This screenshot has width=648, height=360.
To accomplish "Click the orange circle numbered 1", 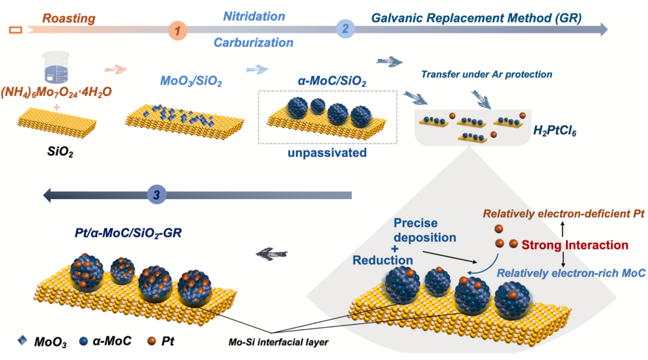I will (x=178, y=30).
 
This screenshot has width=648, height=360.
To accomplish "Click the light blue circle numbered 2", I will (x=345, y=29).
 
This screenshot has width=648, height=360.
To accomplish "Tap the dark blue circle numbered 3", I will (x=156, y=194).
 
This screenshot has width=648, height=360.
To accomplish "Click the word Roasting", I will (x=69, y=18).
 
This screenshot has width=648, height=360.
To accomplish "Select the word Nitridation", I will (x=254, y=16).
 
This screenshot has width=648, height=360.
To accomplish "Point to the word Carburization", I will (x=253, y=42).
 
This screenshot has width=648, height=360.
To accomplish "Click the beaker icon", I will (x=56, y=67).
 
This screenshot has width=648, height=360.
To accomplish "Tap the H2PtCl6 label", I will (x=554, y=130).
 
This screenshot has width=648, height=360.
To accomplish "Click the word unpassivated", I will (x=327, y=153).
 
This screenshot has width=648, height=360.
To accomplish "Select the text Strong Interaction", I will (x=574, y=245).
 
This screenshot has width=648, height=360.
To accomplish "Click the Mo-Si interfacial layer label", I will (x=278, y=342).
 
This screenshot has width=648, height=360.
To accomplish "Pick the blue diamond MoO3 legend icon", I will (x=22, y=340).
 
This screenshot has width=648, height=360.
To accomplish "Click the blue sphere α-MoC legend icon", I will (x=83, y=341).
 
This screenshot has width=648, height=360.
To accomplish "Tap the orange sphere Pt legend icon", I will (x=151, y=341).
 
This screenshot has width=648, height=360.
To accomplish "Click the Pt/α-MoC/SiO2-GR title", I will (x=128, y=233).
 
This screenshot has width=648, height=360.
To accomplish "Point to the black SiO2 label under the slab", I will (x=60, y=152).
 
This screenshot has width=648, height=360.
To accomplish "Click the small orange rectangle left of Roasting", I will (x=16, y=30).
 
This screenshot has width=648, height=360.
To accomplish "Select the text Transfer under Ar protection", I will (x=486, y=74).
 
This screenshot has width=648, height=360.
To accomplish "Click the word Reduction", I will (x=382, y=260).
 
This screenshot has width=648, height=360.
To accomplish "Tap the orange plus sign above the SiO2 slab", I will (x=56, y=107).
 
